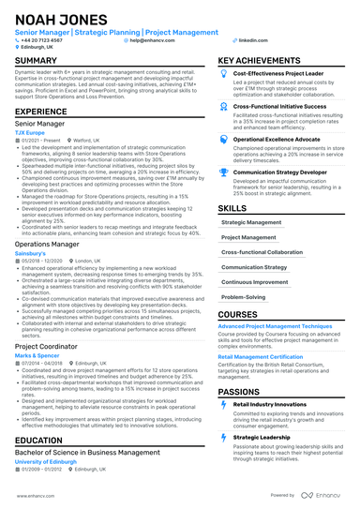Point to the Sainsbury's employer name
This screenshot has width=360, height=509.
33,253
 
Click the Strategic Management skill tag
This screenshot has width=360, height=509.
250,223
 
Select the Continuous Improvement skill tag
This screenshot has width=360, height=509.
254,280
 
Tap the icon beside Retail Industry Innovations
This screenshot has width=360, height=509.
222,404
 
